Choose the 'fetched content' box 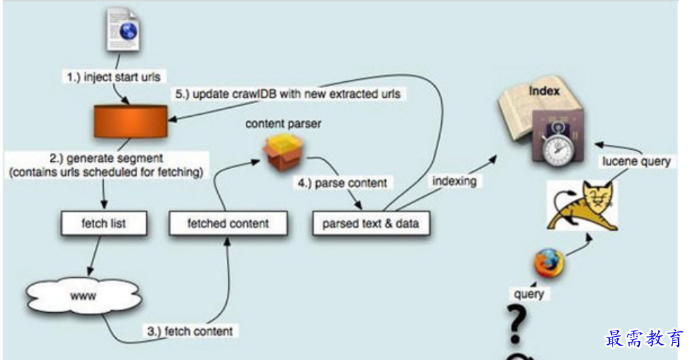228,223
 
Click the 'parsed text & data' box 371,223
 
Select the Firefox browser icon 549,263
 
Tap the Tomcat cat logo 582,203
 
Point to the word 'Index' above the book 544,90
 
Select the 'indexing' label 453,181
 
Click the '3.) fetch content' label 190,331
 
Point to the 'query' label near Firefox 529,294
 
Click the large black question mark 517,324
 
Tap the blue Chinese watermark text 644,338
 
